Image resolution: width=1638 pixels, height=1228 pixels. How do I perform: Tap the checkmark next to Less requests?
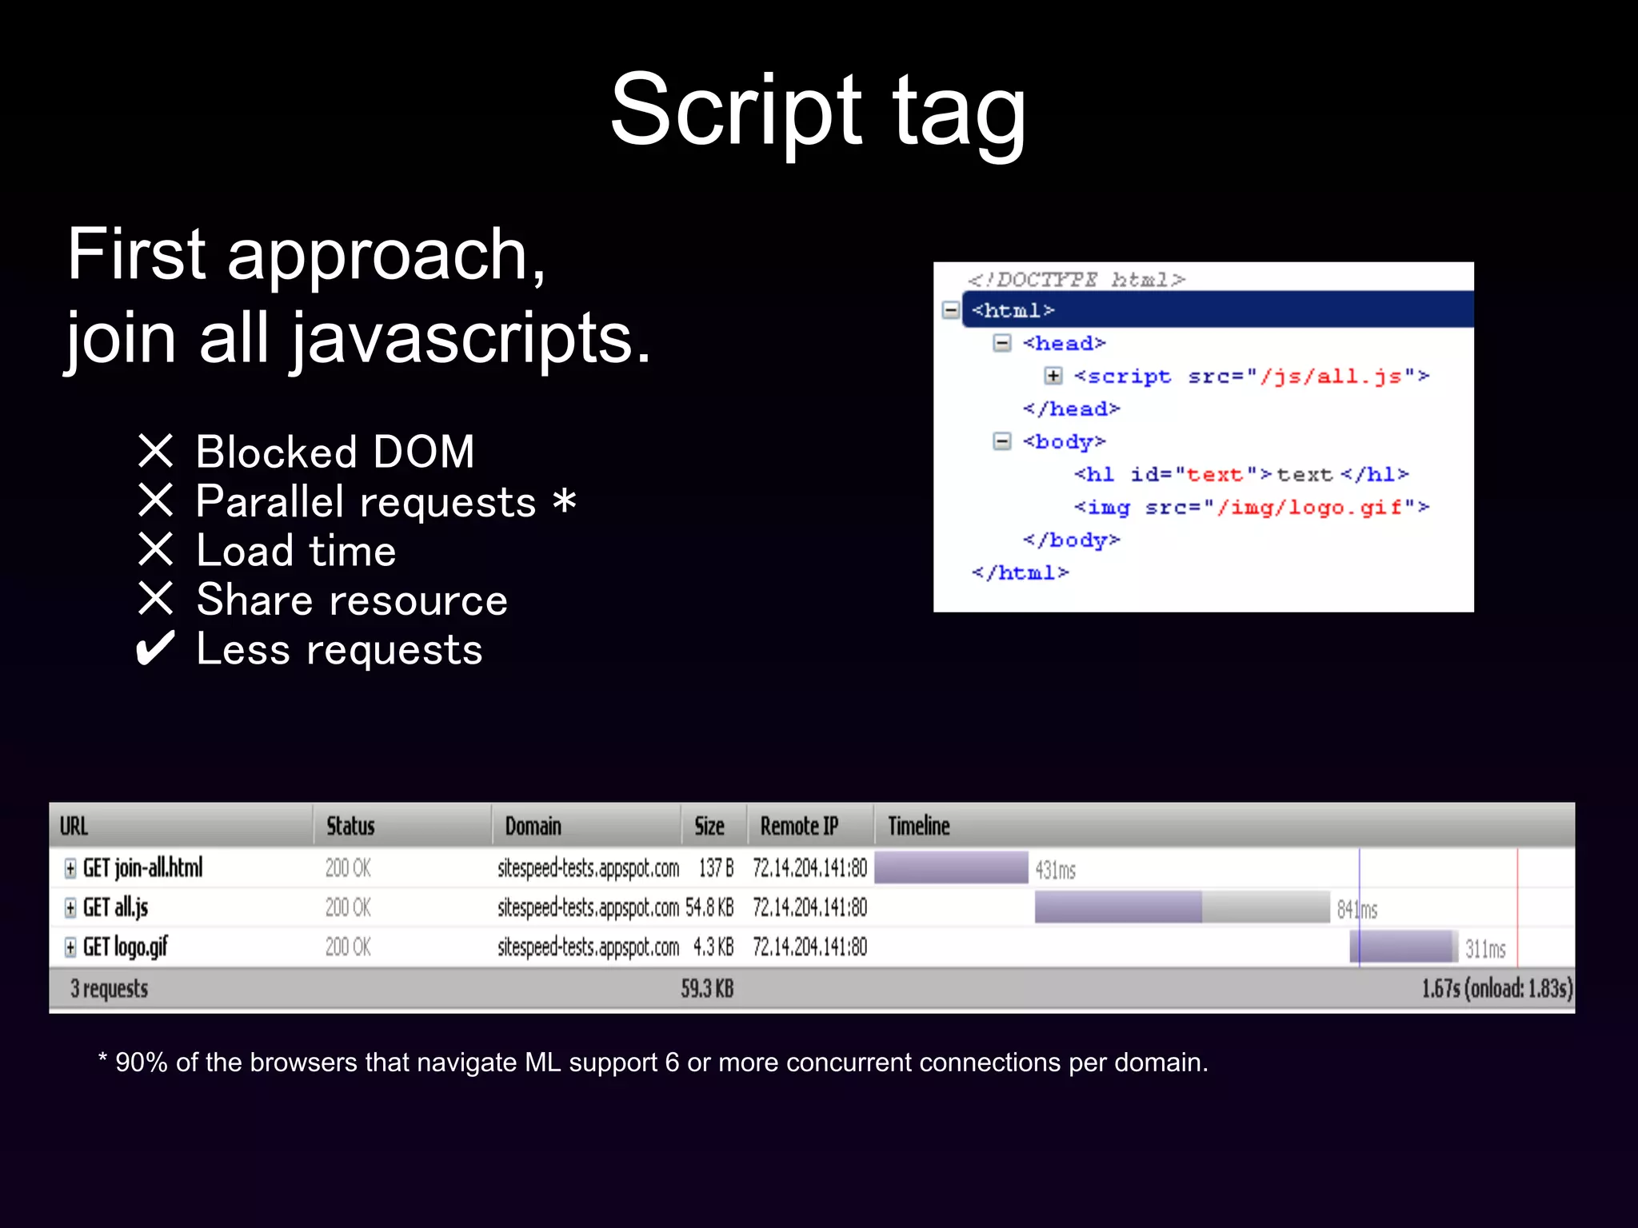[155, 648]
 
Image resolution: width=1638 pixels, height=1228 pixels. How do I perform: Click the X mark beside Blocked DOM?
[155, 451]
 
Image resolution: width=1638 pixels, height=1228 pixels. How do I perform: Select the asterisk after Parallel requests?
[565, 501]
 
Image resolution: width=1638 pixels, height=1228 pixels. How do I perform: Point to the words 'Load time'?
[296, 551]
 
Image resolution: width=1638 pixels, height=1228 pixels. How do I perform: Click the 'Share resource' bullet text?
[352, 600]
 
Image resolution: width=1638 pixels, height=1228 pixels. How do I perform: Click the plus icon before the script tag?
[1053, 376]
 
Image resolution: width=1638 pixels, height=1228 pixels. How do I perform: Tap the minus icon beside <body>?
[1001, 441]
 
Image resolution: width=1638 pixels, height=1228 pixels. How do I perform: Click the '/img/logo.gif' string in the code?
[1308, 508]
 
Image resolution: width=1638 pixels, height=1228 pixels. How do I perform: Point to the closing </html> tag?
[1020, 573]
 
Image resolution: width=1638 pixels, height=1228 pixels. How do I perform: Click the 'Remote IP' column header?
[799, 826]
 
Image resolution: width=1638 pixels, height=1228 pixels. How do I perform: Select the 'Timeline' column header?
[919, 826]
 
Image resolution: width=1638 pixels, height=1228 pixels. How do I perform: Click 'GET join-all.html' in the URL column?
[142, 867]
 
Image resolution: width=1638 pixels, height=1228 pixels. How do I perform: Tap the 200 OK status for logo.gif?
[348, 947]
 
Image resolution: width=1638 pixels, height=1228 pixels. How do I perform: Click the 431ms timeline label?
[1055, 870]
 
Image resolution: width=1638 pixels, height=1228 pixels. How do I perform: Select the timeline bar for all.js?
[1181, 907]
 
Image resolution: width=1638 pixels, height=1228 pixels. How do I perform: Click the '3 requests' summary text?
[110, 989]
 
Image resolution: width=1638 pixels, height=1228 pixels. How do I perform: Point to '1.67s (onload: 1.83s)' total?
[1496, 989]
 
